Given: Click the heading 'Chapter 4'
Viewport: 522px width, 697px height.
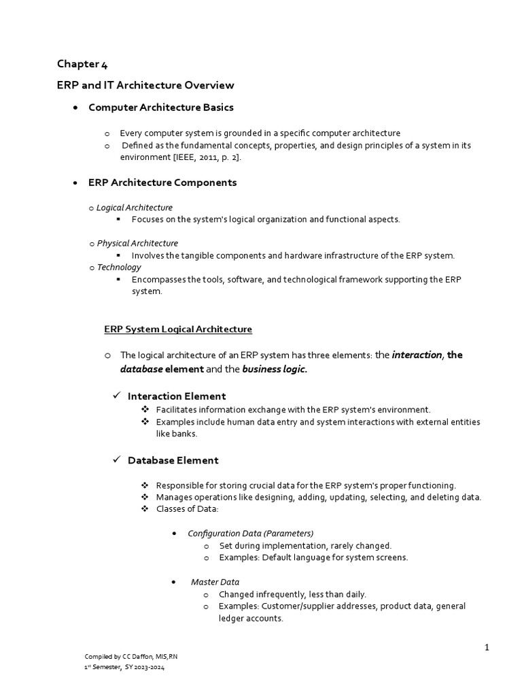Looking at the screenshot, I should click(82, 65).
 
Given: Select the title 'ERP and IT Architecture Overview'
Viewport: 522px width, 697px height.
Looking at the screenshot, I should click(145, 85).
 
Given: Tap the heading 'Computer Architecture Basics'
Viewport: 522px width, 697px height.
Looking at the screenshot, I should click(161, 108).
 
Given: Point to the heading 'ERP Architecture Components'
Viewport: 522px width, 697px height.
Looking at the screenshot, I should click(162, 182).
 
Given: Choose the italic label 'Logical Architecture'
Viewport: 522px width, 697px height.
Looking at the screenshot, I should click(135, 208).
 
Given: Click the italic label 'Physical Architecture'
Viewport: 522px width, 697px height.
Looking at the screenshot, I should click(137, 243).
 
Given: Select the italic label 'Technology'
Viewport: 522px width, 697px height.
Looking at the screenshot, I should click(119, 268).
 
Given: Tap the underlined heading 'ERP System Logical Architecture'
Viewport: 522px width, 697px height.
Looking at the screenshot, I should click(178, 329).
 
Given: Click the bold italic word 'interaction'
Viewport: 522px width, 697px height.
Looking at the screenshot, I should click(417, 355).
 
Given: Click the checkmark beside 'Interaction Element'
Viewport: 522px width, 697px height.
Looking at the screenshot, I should click(116, 396).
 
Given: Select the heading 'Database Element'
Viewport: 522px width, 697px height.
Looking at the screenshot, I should click(173, 460).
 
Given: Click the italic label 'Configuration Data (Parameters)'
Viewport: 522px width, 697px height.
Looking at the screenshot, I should click(250, 533).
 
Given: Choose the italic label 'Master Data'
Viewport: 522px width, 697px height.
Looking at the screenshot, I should click(215, 582).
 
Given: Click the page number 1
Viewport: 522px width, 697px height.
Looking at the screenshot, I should click(487, 647).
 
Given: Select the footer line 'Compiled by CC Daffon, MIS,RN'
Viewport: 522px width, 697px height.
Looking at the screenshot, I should click(131, 656).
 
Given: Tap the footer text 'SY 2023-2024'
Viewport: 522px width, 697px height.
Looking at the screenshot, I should click(145, 668).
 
